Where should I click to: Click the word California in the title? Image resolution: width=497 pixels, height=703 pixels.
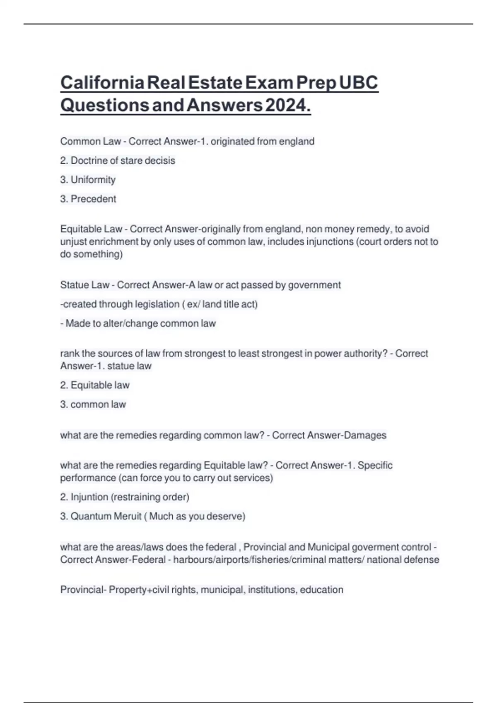point(102,83)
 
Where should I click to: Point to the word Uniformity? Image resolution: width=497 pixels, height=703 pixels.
point(93,180)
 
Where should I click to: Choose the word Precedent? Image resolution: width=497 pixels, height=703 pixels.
point(93,199)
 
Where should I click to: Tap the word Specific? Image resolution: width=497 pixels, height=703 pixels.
point(375,465)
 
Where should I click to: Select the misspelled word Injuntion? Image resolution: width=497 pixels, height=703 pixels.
point(89,497)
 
